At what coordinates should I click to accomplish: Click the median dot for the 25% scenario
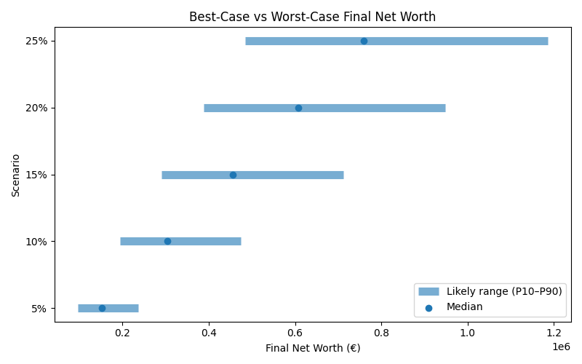click(364, 41)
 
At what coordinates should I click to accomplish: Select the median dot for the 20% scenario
click(298, 108)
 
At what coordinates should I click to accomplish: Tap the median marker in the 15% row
click(233, 175)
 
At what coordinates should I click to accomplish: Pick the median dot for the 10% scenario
click(167, 241)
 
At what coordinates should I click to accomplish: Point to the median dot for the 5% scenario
click(102, 308)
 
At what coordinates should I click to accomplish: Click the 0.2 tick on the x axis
click(122, 333)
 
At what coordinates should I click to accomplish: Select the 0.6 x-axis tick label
click(295, 333)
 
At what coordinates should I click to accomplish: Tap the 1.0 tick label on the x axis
click(468, 333)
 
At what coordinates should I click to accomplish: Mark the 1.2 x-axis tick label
click(554, 333)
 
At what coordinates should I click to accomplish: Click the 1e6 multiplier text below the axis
click(561, 347)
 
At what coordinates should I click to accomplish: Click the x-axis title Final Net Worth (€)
click(313, 348)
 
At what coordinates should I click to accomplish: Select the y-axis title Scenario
click(16, 175)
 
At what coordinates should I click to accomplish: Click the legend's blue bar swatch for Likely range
click(429, 291)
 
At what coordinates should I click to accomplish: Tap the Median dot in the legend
click(429, 307)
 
